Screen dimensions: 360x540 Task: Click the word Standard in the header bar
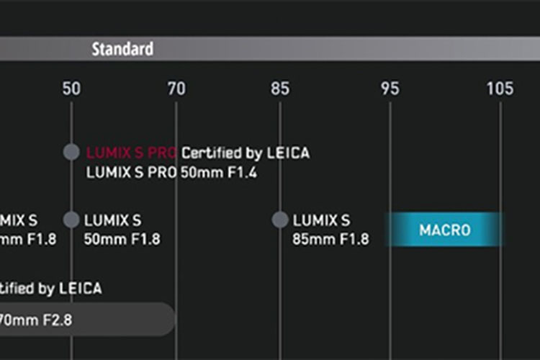pos(122,50)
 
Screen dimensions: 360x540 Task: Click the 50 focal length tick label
pos(71,89)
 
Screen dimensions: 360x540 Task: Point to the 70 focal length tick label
pos(176,89)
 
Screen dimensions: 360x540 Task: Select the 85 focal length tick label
pos(280,89)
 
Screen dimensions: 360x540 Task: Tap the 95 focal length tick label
pos(390,89)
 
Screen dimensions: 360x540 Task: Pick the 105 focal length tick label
pos(500,89)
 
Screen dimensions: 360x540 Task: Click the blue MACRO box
pos(444,230)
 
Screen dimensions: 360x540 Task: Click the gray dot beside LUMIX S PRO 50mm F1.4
pos(71,153)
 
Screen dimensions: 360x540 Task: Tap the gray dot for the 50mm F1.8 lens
pos(71,220)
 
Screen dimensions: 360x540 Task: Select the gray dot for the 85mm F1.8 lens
pos(280,220)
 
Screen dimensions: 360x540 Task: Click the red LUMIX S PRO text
pos(132,153)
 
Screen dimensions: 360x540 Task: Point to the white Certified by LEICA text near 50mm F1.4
pos(246,153)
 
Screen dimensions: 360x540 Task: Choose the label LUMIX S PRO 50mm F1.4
pos(171,173)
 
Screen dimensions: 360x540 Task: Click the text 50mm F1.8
pos(122,239)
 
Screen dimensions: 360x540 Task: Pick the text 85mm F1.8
pos(330,239)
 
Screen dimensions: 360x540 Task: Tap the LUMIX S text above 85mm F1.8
pos(321,220)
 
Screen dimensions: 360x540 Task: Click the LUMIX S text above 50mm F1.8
pos(113,220)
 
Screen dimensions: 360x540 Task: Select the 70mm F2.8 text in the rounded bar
pos(36,319)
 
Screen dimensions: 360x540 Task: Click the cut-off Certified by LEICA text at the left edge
pos(50,289)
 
